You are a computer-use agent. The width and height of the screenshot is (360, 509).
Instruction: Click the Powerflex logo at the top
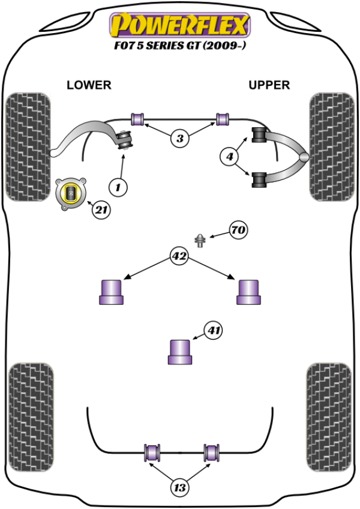(x=178, y=25)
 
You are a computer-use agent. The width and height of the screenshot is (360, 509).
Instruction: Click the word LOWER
(x=89, y=85)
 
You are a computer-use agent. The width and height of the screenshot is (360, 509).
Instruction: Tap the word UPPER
(x=269, y=85)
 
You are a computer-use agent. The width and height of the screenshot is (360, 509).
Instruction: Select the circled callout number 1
(x=118, y=188)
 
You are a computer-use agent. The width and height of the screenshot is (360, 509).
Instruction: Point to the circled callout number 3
(x=179, y=139)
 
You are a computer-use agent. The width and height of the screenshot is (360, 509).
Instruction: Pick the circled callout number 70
(x=238, y=230)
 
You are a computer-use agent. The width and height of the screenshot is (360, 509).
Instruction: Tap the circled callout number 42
(x=179, y=257)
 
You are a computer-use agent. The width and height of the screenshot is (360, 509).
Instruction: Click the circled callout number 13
(x=179, y=487)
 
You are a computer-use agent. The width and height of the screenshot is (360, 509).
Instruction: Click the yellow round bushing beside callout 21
(x=71, y=193)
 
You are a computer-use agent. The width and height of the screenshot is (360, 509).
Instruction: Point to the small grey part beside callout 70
(x=200, y=241)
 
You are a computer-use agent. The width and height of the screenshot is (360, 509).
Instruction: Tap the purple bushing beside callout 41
(x=179, y=351)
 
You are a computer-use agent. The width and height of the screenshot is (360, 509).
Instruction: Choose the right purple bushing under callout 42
(x=248, y=292)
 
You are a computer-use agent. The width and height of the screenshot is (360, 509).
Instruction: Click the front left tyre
(x=28, y=146)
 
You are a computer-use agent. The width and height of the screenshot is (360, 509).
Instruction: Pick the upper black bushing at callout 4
(x=259, y=136)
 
